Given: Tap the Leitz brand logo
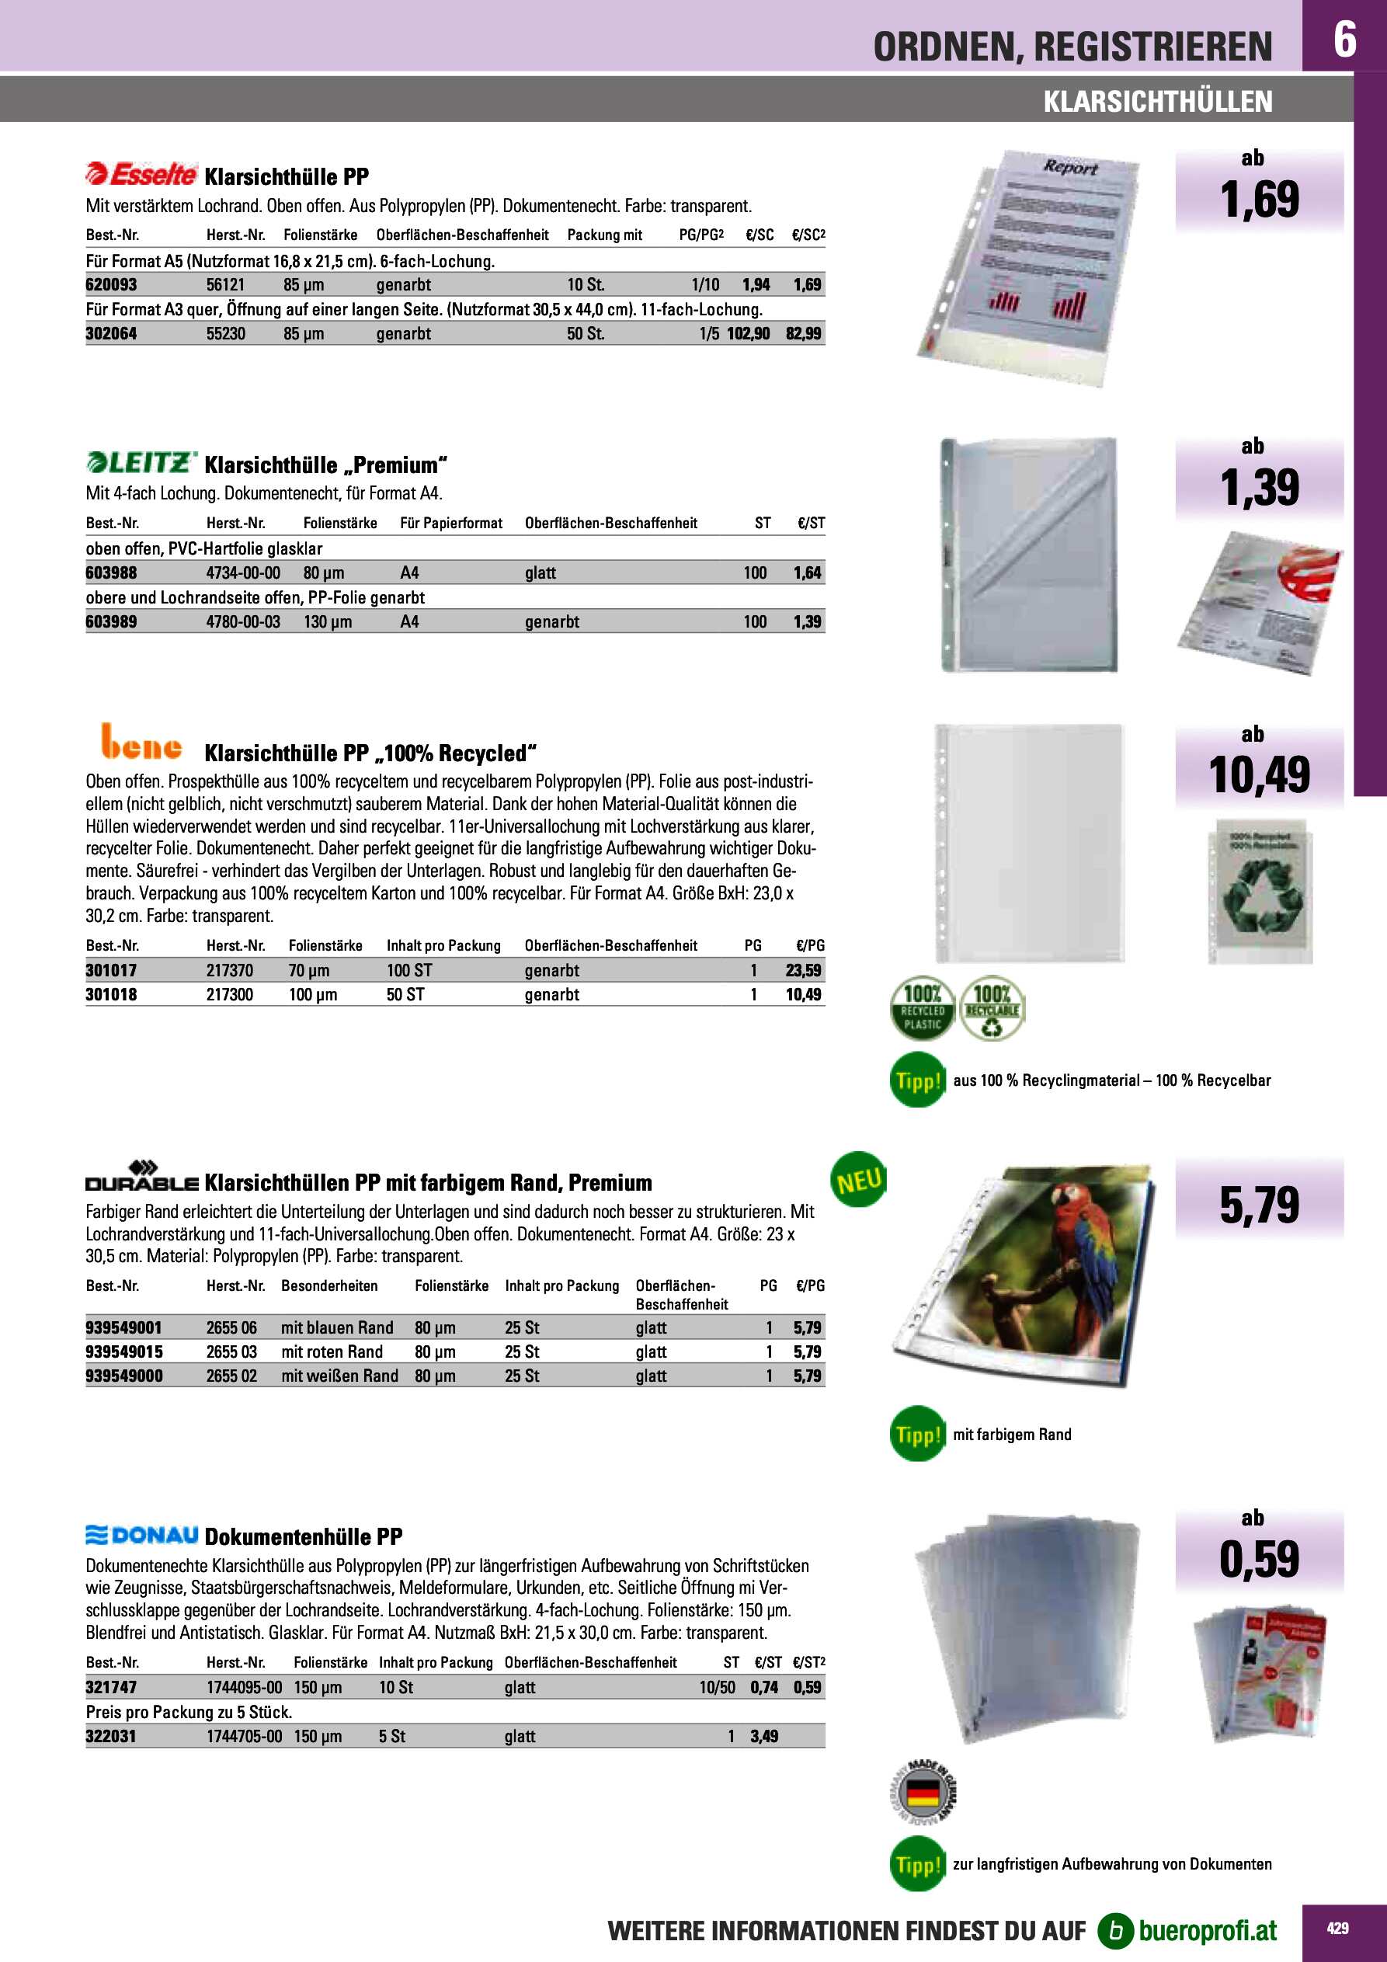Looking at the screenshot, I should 142,463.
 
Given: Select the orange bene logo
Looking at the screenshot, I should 141,743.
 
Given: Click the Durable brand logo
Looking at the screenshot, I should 142,1177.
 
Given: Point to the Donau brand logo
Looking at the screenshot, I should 142,1536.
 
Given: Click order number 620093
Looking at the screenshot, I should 111,284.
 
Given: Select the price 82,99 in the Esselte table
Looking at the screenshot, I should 803,333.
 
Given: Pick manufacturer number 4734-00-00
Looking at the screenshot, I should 243,572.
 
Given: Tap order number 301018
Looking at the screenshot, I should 111,995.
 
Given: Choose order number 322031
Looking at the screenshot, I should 111,1737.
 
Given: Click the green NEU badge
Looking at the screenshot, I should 858,1181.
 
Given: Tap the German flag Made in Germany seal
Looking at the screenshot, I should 922,1793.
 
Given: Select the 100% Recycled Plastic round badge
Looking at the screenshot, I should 922,1010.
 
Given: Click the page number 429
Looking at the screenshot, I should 1337,1929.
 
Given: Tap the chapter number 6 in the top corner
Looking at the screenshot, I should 1344,39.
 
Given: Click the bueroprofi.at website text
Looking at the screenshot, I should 1207,1931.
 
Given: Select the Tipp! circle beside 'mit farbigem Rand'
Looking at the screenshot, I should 917,1435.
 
